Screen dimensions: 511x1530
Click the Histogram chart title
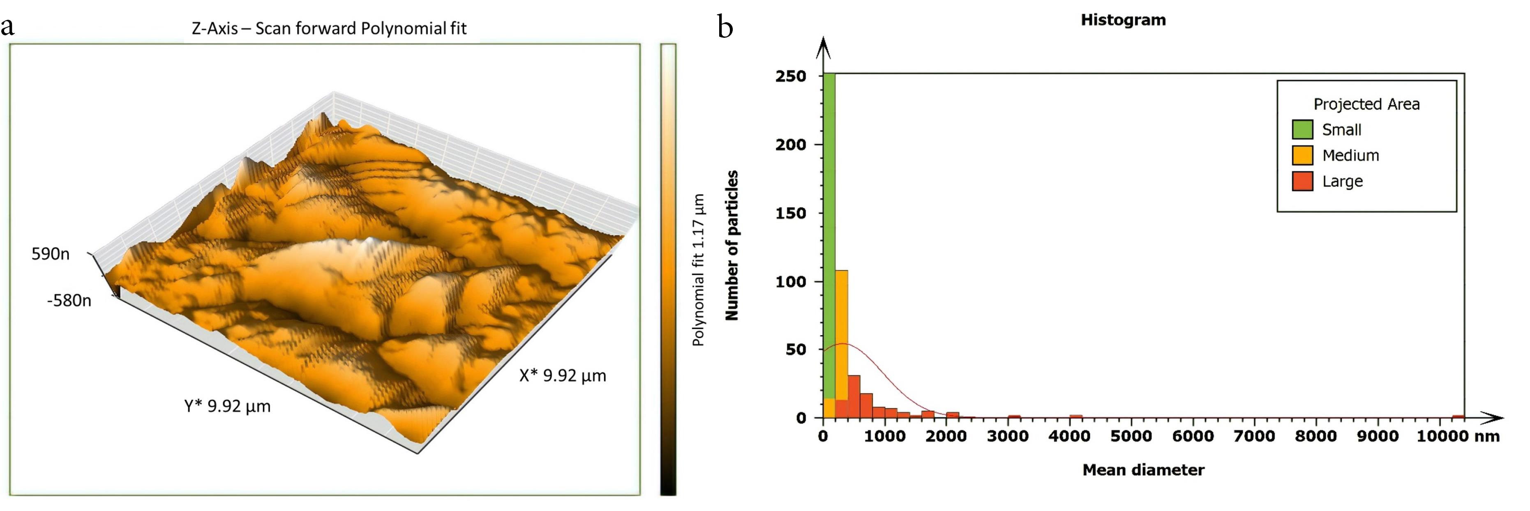click(x=1123, y=20)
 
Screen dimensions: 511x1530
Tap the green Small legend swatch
click(x=1302, y=129)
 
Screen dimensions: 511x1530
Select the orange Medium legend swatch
click(x=1302, y=156)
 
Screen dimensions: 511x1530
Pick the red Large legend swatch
click(x=1302, y=181)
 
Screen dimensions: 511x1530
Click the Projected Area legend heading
click(x=1366, y=104)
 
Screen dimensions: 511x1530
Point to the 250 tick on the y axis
click(x=791, y=76)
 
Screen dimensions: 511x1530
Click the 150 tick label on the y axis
click(x=791, y=213)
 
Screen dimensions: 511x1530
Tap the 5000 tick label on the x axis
click(x=1131, y=436)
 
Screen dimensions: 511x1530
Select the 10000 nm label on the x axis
click(x=1458, y=436)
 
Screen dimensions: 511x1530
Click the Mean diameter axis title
click(x=1143, y=470)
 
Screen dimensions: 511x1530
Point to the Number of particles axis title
click(x=732, y=246)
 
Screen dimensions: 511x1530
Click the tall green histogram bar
click(x=829, y=237)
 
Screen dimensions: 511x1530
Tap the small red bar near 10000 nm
click(x=1458, y=417)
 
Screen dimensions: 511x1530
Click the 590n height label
click(x=51, y=254)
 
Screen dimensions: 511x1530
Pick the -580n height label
click(x=69, y=300)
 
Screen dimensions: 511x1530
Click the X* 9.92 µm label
click(x=563, y=376)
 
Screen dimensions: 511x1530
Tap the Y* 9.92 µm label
click(x=227, y=407)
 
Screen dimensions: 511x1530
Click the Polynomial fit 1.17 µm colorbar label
click(x=699, y=270)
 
